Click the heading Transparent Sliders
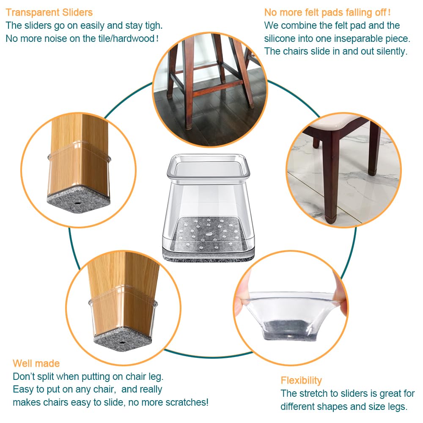49,12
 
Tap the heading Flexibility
301,380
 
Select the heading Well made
36,363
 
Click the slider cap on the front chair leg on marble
329,220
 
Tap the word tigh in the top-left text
151,25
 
